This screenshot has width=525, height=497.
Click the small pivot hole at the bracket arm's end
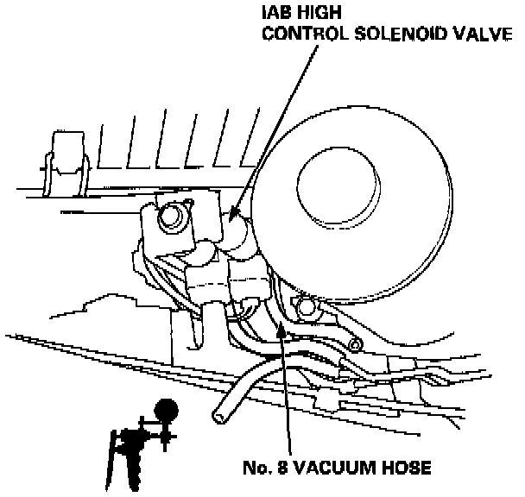tap(353, 347)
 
